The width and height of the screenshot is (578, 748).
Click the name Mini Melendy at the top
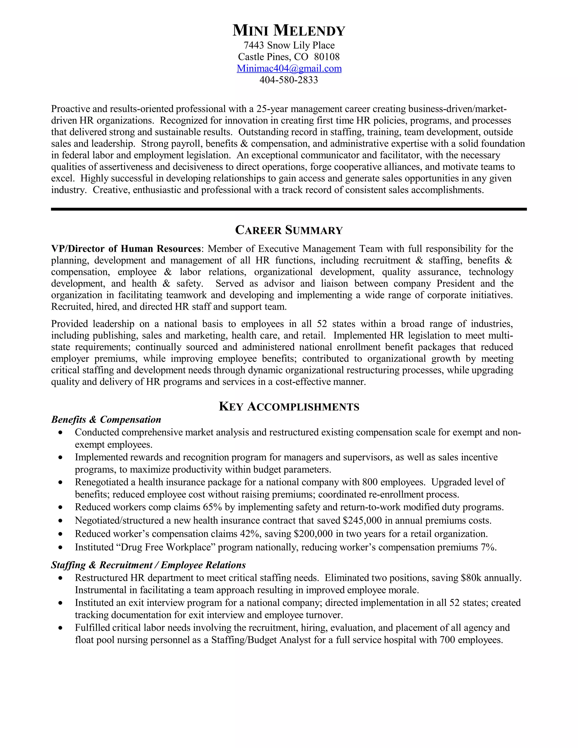[289, 30]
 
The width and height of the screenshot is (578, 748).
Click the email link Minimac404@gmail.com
[289, 69]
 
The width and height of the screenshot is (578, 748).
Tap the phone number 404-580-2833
[289, 80]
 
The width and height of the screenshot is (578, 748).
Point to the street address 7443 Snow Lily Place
[289, 45]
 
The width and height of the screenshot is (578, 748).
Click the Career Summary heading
[289, 230]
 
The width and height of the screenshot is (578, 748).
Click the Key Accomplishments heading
[289, 406]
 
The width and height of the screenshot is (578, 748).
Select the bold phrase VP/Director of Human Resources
[126, 249]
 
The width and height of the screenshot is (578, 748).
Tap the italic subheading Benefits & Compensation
[106, 419]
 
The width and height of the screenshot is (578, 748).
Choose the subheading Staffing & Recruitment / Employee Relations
[148, 565]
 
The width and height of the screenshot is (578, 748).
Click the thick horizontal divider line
[289, 209]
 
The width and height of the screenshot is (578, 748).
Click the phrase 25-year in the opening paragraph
[272, 109]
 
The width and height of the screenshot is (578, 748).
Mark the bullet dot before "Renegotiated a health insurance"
[61, 482]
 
